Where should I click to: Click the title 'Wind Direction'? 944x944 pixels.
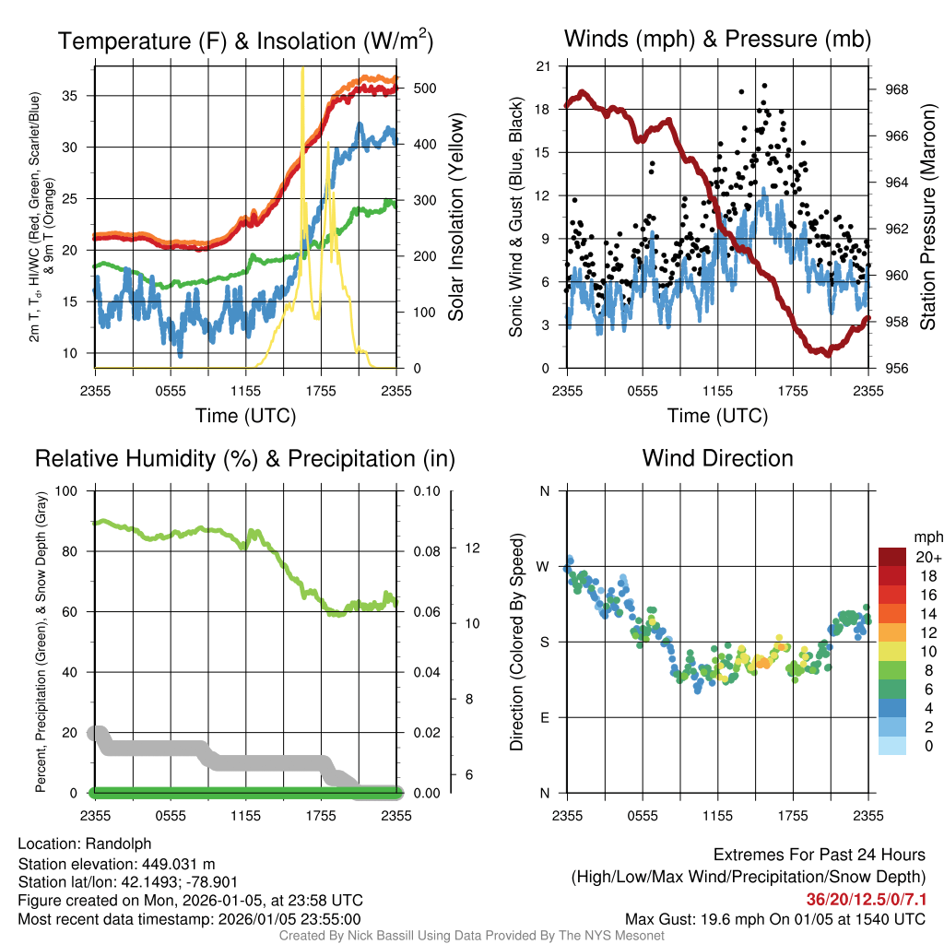[717, 458]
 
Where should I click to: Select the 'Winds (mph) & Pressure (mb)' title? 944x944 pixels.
[717, 40]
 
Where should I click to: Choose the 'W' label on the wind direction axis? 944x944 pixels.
[544, 566]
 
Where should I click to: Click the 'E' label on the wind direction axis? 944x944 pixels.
[544, 717]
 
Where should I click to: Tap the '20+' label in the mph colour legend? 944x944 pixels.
[923, 557]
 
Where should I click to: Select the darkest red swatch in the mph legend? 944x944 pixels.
[893, 557]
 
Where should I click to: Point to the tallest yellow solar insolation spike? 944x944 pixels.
[302, 69]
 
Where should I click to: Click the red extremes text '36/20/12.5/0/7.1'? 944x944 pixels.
[866, 899]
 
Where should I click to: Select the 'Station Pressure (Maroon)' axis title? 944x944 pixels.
[928, 218]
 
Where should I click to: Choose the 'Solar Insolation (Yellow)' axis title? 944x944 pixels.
[455, 218]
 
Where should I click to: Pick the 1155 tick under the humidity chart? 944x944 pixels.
[245, 815]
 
